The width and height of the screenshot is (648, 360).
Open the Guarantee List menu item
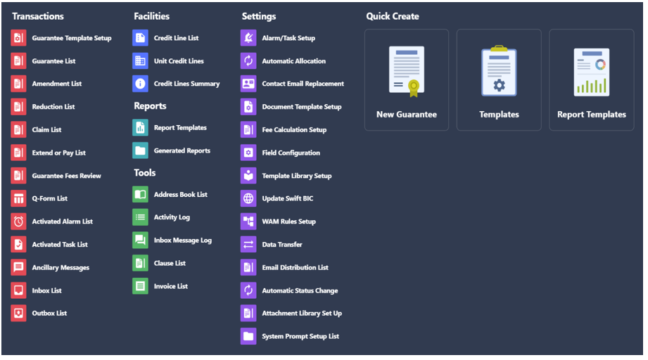pos(53,61)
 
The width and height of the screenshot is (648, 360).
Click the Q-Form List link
pos(49,198)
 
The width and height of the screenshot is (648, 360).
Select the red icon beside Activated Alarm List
pos(18,221)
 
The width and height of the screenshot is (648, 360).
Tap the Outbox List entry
pos(49,314)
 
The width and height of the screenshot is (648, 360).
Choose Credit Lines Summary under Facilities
pos(186,84)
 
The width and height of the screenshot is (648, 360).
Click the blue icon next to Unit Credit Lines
pos(140,61)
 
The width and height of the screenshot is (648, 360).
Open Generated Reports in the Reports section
pos(182,150)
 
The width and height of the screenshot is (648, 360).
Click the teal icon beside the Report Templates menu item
pos(140,127)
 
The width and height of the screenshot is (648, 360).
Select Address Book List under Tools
pos(181,195)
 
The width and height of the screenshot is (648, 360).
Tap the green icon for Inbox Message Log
pos(140,240)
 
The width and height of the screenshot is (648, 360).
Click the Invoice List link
pos(171,286)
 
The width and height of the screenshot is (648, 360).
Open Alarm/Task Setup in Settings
pos(288,38)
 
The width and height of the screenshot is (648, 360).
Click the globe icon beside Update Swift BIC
pos(248,198)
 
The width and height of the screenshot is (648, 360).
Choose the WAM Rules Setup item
pos(289,221)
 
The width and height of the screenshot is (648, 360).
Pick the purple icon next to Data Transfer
pos(248,245)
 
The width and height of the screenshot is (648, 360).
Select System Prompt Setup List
pos(300,337)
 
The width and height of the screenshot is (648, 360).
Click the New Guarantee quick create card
pos(407,80)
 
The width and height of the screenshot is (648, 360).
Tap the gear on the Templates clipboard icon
pos(500,86)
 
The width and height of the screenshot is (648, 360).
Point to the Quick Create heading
pos(393,16)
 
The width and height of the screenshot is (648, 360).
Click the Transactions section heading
pos(37,16)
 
